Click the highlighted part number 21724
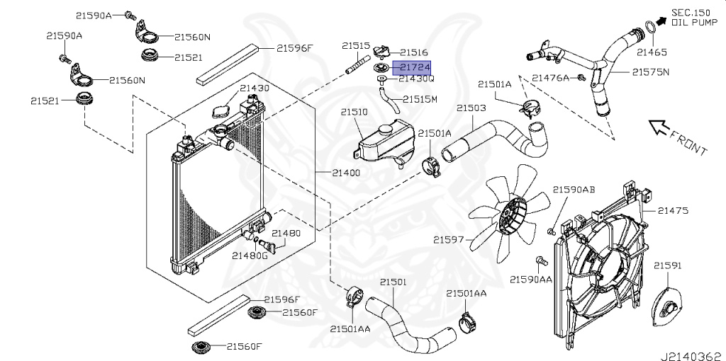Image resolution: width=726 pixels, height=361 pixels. pos(415,67)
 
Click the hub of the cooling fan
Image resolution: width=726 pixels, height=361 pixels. pos(508,214)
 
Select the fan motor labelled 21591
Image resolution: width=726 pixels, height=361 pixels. pos(667,309)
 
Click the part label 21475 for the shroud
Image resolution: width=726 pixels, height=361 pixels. pos(673,210)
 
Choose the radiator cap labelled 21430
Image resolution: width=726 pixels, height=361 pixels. pos(220,110)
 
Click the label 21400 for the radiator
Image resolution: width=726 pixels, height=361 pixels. pos(347,173)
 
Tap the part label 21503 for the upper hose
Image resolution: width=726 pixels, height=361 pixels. pos(471,108)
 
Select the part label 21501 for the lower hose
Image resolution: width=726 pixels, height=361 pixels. pos(393,282)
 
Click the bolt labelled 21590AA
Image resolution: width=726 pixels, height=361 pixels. pos(540,262)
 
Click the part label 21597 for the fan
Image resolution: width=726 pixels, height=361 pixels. pos(449,239)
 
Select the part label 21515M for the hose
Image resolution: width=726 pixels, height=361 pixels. pos(420,98)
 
